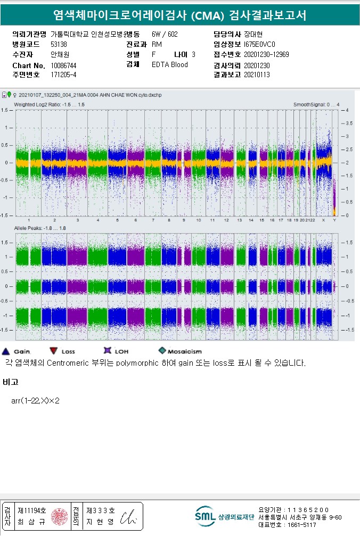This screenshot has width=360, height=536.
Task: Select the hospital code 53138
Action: (x=59, y=45)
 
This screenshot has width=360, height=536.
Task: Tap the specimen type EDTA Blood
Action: (x=169, y=65)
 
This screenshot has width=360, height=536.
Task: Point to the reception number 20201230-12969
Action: (x=266, y=55)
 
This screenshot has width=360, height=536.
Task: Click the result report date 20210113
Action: (x=257, y=75)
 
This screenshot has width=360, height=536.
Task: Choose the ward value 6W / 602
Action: (x=165, y=35)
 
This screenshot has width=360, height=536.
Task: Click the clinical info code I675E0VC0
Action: (x=260, y=45)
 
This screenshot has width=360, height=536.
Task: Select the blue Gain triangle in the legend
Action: (x=6, y=351)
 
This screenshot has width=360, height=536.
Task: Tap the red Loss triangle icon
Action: (x=53, y=351)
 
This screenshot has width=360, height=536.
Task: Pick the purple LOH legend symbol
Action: (x=107, y=351)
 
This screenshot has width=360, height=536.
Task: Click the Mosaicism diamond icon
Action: (x=162, y=351)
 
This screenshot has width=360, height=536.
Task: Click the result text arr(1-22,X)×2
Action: (x=35, y=400)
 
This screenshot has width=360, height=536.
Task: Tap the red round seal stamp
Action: (x=60, y=516)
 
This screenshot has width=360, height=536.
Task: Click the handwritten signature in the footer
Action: (x=129, y=517)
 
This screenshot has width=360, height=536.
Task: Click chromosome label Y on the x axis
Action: (x=334, y=220)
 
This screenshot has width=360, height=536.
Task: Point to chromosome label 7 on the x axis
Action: (x=153, y=220)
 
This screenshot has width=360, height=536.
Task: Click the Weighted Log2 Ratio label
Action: (x=49, y=104)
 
